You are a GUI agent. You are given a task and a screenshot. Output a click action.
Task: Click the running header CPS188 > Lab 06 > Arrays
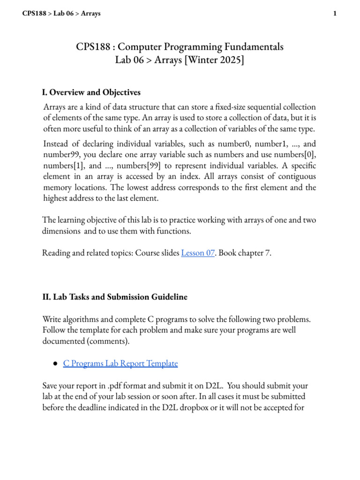[x=61, y=14]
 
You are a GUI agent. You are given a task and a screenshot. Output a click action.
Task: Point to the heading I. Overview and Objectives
[x=91, y=92]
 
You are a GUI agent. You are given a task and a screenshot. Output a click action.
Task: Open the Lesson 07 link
[x=198, y=253]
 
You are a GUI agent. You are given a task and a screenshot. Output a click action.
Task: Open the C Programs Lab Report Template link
[x=120, y=363]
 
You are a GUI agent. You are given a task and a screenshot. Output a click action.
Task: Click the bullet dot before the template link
[x=55, y=363]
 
